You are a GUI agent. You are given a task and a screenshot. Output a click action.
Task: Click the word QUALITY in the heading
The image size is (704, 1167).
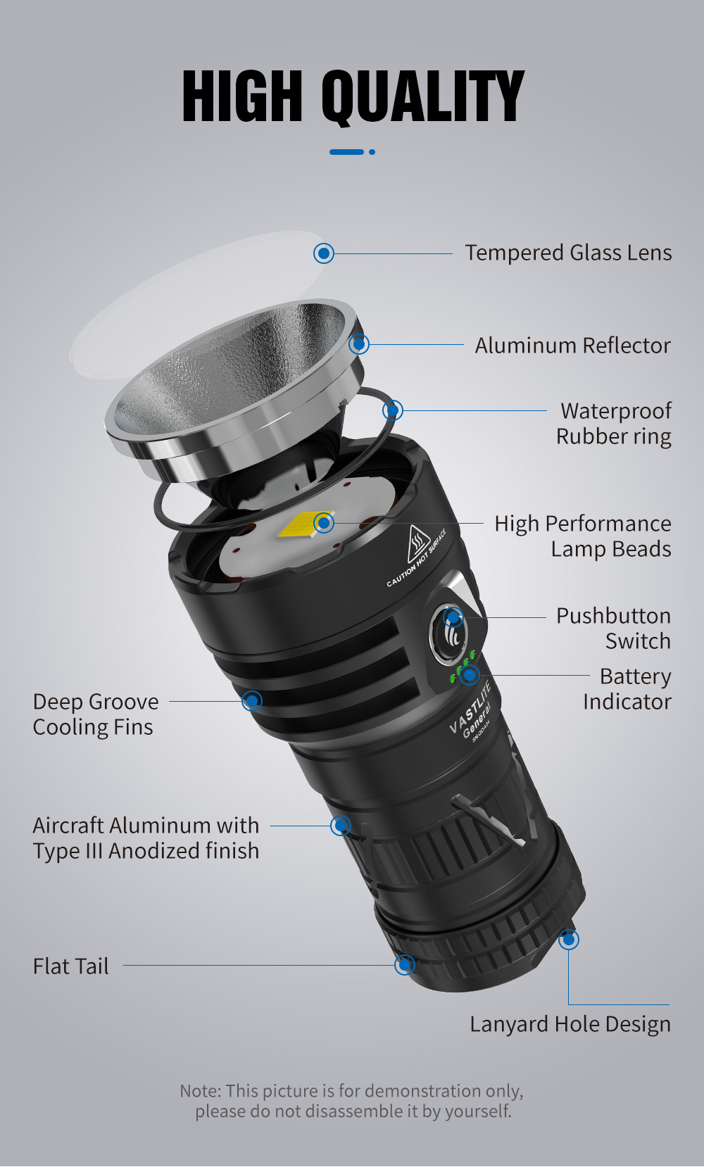[x=422, y=97]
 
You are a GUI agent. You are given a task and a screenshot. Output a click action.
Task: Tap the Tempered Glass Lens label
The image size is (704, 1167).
[x=568, y=253]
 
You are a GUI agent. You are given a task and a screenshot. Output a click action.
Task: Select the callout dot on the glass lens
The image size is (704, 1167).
[x=324, y=253]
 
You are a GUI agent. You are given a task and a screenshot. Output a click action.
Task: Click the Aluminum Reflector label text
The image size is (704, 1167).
[x=572, y=346]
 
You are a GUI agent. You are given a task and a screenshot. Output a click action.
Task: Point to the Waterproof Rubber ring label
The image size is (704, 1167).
[x=614, y=424]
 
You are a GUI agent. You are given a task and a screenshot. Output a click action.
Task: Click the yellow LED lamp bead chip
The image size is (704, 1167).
[x=306, y=524]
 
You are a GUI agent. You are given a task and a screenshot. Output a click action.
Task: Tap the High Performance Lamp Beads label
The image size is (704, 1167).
[x=583, y=536]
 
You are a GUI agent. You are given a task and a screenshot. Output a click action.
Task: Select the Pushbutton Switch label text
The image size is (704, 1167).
[x=613, y=629]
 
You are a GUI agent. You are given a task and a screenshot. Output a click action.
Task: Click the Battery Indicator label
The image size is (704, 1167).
[x=627, y=689]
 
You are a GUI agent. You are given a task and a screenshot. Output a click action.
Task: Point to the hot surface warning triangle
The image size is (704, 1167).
[x=417, y=544]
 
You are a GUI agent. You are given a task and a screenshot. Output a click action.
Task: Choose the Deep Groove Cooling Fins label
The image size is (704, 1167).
[x=95, y=714]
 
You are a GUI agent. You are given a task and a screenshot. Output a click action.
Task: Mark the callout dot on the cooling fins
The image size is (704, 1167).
[x=252, y=701]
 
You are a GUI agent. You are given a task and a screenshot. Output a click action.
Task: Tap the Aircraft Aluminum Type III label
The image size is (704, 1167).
[x=146, y=838]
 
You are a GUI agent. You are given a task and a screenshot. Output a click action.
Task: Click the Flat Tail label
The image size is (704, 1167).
[x=71, y=966]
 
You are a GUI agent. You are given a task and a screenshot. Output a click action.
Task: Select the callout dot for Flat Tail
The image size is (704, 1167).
[x=404, y=965]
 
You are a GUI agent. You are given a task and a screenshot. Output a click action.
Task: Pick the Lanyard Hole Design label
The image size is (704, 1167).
[x=570, y=1024]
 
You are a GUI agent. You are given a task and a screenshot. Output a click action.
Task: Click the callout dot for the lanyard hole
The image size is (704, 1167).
[x=569, y=940]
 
